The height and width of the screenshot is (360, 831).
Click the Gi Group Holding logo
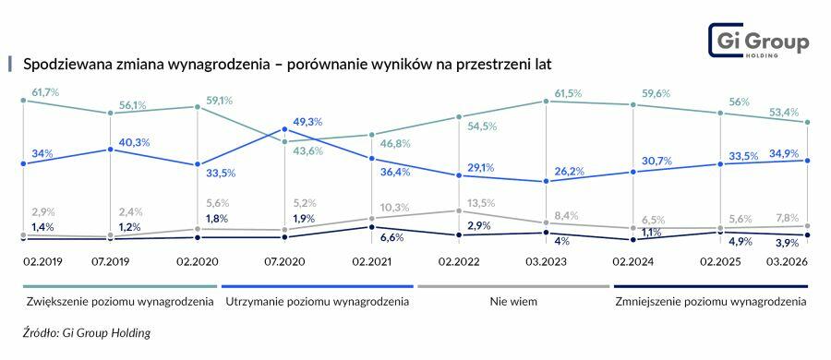[x=758, y=42]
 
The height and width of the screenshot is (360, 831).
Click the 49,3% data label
[x=308, y=121]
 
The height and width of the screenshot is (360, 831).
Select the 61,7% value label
[x=45, y=92]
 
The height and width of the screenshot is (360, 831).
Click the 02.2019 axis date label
[x=43, y=262]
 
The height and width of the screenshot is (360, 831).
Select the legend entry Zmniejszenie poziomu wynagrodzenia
[x=710, y=301]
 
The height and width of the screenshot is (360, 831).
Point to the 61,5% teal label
[x=569, y=93]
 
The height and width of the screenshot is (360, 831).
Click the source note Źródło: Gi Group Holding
[x=87, y=332]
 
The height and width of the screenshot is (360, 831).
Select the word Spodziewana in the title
[x=64, y=65]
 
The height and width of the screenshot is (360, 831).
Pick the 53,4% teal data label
[x=785, y=112]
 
